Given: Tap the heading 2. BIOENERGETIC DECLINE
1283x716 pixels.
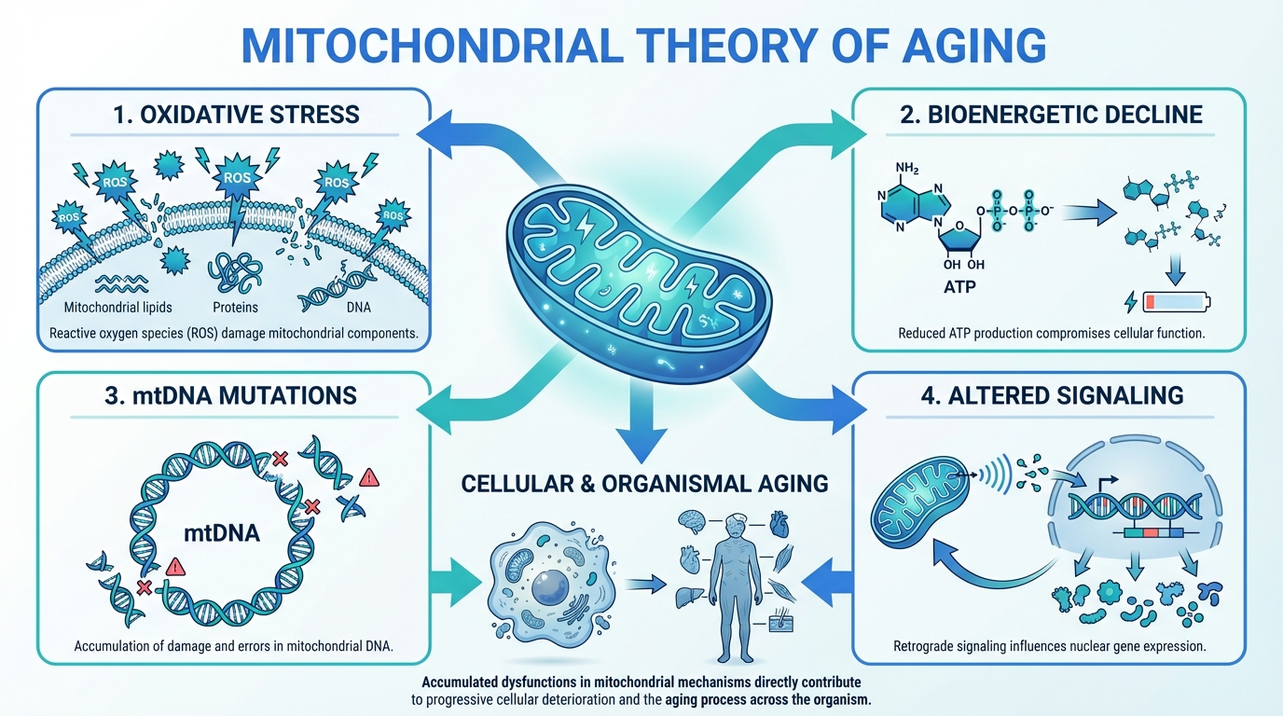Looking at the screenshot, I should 1051,115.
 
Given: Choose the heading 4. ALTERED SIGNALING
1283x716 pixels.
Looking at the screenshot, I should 1051,395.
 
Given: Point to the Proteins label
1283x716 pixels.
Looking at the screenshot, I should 235,307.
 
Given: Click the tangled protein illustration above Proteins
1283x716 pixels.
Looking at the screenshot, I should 233,271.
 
